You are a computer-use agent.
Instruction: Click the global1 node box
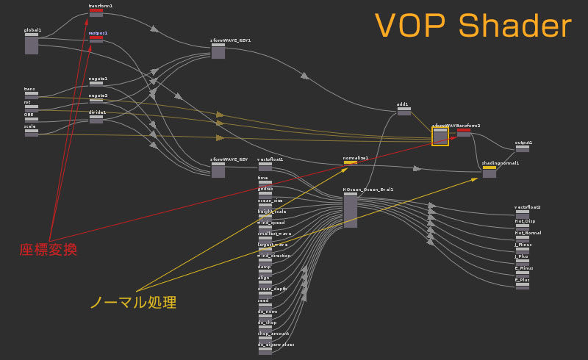(32, 43)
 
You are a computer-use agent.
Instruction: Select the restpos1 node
(96, 39)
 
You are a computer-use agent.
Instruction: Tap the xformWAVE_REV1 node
(218, 51)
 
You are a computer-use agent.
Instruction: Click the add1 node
(403, 111)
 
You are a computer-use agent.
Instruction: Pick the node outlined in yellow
(440, 136)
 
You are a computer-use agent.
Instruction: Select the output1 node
(523, 148)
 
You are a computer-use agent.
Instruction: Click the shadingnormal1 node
(490, 172)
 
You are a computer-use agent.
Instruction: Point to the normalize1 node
(351, 162)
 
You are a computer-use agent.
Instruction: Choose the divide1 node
(96, 118)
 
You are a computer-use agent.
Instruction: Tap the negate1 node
(96, 84)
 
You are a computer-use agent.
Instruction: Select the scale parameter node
(32, 132)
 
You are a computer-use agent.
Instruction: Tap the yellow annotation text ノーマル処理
(133, 302)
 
